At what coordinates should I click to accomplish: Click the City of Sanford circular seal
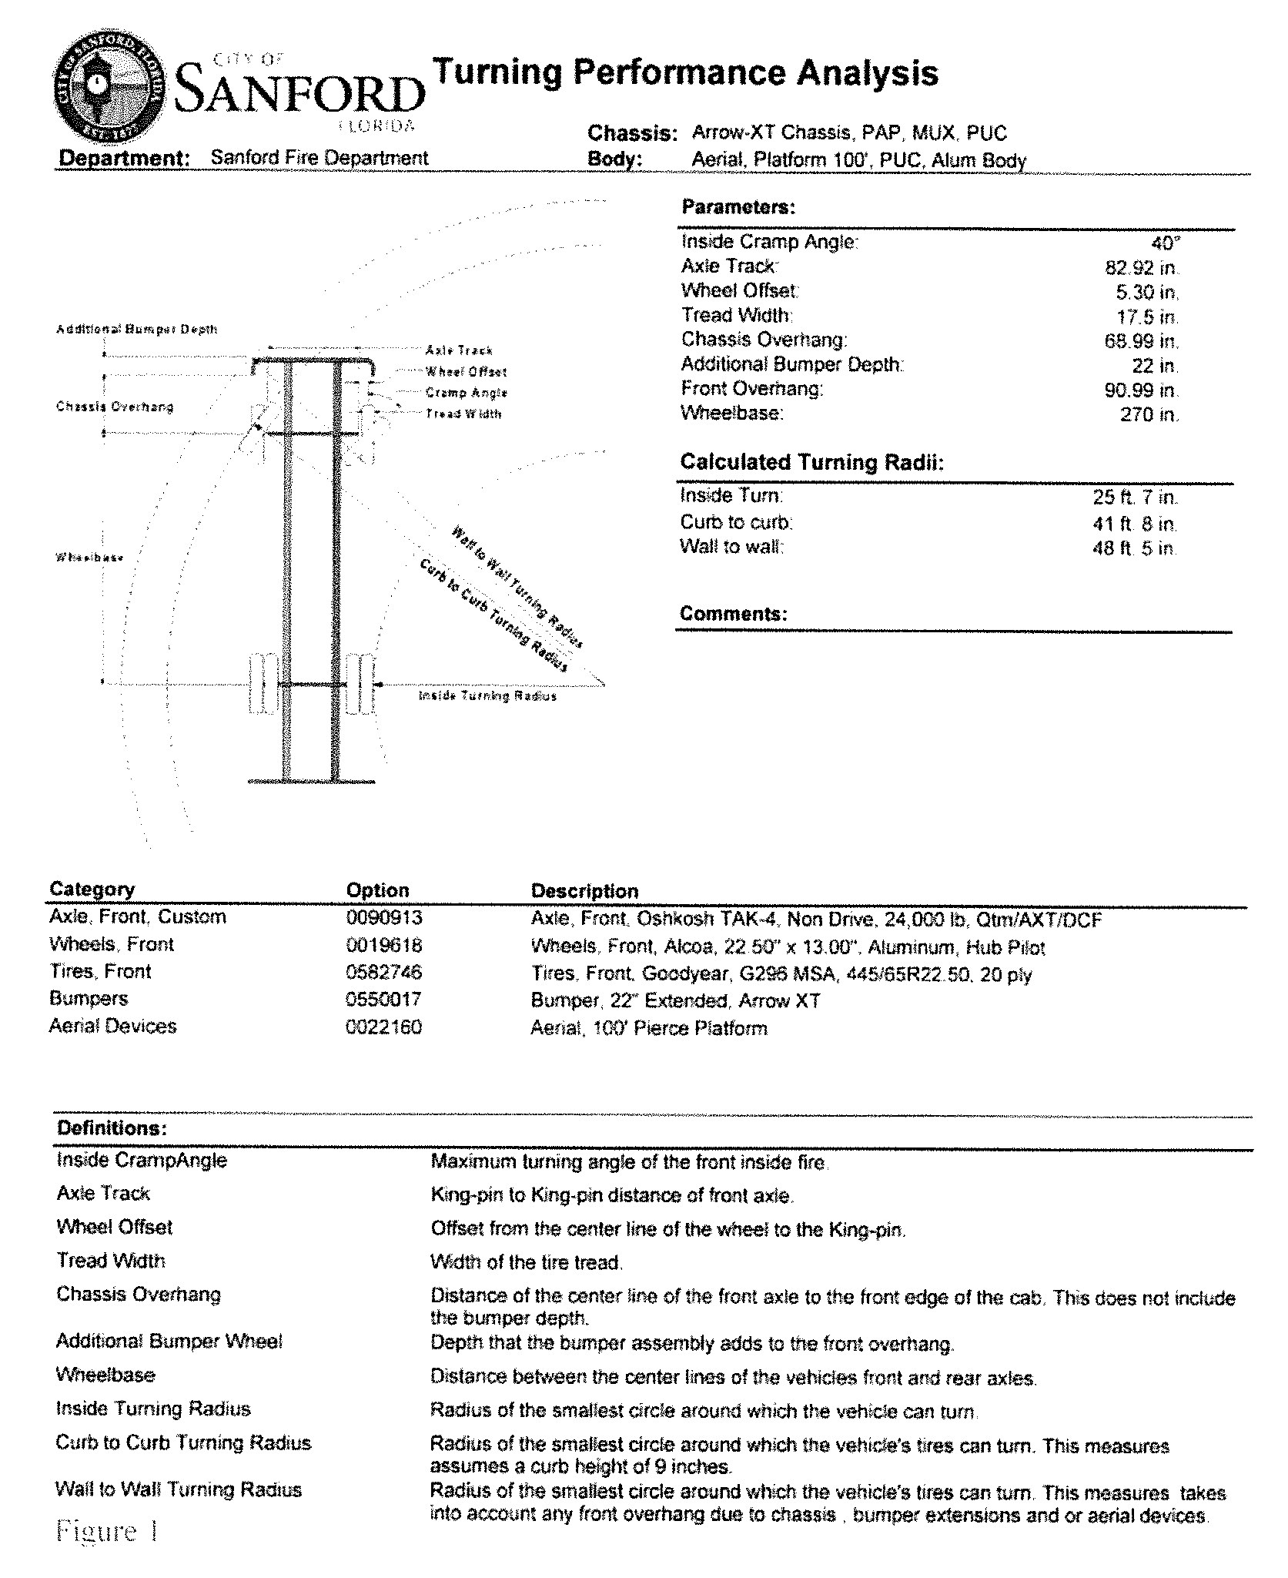109,88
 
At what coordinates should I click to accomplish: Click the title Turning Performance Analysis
685,73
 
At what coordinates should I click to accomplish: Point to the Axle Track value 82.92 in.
1141,268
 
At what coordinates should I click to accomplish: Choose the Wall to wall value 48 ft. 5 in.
1133,548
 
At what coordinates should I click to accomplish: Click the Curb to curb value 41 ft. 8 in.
1133,524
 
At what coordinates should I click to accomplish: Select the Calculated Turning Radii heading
811,462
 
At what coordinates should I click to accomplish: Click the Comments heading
733,614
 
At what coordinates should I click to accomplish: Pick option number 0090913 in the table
384,918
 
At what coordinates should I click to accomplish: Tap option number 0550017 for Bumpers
384,1000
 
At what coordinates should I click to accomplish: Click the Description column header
584,891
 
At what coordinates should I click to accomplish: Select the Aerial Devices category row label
112,1027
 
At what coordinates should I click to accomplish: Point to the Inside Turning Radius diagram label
487,696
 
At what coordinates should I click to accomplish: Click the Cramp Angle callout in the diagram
466,393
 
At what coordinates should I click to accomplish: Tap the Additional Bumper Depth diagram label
137,330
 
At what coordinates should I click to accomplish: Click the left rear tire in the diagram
263,684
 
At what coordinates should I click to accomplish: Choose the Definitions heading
112,1128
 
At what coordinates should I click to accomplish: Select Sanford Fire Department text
319,158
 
